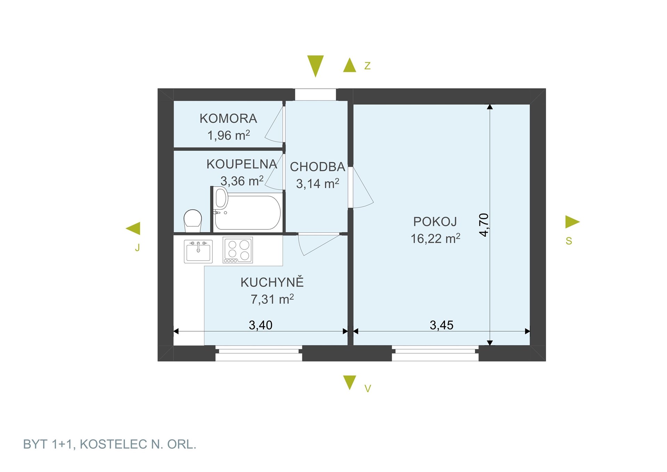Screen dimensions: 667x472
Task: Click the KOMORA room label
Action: pyautogui.click(x=228, y=119)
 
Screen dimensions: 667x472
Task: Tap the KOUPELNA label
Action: pyautogui.click(x=242, y=164)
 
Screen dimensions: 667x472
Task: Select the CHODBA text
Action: pyautogui.click(x=318, y=167)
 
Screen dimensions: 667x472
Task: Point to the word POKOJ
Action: pyautogui.click(x=435, y=221)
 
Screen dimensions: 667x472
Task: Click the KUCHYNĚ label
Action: pyautogui.click(x=272, y=282)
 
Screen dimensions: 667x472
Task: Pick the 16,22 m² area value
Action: pyautogui.click(x=435, y=238)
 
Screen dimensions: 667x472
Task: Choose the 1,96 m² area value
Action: pyautogui.click(x=229, y=135)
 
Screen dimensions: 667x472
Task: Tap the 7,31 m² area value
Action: pyautogui.click(x=272, y=299)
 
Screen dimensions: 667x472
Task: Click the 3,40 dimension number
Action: pyautogui.click(x=261, y=325)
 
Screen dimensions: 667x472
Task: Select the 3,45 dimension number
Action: pyautogui.click(x=442, y=325)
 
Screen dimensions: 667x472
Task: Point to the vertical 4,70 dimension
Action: pyautogui.click(x=484, y=225)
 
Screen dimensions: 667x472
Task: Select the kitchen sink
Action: pyautogui.click(x=198, y=251)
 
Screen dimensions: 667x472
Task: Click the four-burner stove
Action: pyautogui.click(x=238, y=250)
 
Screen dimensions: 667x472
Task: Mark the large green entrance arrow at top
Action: pyautogui.click(x=315, y=66)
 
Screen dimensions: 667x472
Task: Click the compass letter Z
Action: pyautogui.click(x=367, y=65)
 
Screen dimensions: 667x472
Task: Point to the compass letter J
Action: pyautogui.click(x=138, y=247)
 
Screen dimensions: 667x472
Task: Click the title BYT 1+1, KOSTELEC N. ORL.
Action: pyautogui.click(x=109, y=444)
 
